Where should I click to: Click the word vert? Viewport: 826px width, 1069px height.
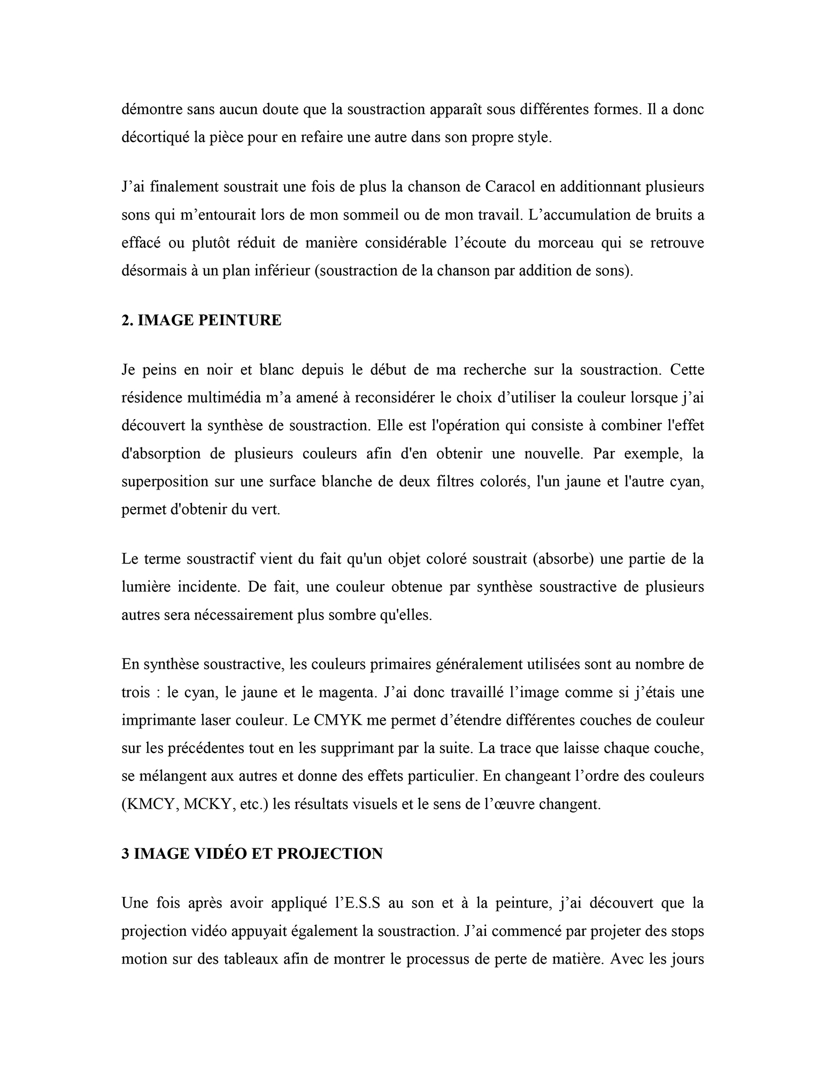(268, 509)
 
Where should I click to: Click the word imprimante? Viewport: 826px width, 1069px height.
(157, 720)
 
